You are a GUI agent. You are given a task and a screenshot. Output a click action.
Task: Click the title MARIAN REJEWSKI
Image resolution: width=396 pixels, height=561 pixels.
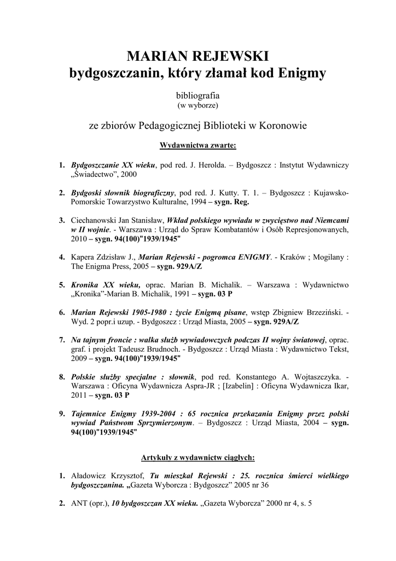coord(197,56)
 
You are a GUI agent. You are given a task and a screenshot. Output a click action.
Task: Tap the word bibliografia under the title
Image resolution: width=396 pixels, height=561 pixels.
coord(197,95)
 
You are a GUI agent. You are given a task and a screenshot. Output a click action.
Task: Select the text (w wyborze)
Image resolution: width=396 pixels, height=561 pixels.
coord(197,104)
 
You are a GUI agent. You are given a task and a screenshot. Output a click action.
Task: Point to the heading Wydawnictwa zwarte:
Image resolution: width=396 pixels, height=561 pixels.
coord(197,146)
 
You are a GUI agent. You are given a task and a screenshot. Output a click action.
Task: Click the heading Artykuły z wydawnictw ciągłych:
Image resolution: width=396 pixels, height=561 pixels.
coord(197,456)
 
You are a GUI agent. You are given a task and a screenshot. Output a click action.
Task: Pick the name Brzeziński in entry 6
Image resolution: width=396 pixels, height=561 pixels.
coord(321,312)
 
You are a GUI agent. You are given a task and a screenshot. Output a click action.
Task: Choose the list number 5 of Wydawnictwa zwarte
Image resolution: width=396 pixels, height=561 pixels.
coord(62,285)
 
